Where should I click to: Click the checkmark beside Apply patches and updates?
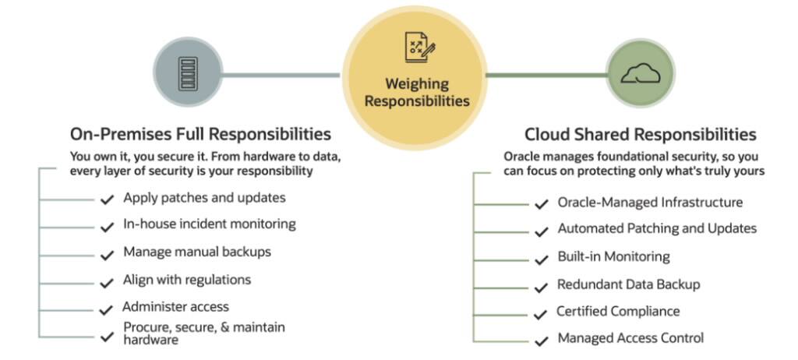(108, 199)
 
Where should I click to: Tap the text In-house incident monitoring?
(210, 224)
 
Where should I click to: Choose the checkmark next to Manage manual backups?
(108, 255)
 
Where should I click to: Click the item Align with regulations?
(187, 279)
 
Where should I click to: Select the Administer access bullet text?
(176, 306)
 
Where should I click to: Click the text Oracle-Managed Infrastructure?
(650, 203)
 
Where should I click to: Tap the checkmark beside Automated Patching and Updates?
(541, 231)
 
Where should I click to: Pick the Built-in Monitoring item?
(613, 256)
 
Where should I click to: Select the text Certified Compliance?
(618, 311)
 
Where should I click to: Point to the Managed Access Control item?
(630, 337)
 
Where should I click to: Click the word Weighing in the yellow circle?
(417, 83)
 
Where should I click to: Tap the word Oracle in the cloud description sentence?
(522, 156)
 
